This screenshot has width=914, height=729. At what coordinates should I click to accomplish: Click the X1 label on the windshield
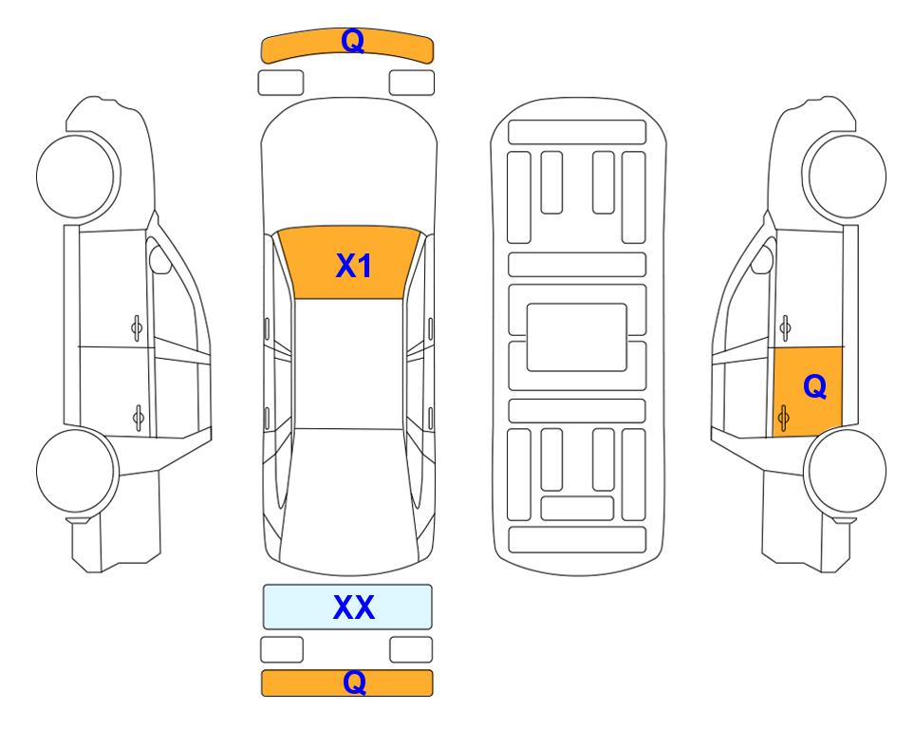point(354,266)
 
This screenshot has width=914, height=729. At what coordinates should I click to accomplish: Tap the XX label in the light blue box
point(354,607)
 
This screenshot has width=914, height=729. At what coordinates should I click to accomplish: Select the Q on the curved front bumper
point(353,41)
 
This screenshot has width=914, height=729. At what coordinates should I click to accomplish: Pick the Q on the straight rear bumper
point(354,682)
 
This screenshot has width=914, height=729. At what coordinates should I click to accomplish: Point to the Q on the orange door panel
point(815,386)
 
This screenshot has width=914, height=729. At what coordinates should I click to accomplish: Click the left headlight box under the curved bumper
point(281,83)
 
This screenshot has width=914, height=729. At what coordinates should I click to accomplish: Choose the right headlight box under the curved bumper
point(412,83)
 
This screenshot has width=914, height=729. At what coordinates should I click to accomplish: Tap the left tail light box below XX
point(282,649)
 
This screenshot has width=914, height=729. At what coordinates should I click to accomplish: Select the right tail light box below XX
point(411,649)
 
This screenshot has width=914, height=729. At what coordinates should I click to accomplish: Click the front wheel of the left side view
point(76,177)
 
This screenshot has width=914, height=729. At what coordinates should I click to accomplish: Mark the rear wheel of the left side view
point(76,471)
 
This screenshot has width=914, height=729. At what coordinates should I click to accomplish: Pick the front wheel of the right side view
point(847,177)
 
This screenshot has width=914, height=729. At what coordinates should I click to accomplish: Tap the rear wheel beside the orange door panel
point(847,471)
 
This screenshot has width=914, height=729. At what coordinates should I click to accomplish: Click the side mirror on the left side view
point(159,260)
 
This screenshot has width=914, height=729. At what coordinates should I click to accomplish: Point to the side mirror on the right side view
point(762,260)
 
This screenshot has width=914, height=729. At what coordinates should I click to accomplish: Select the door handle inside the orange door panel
point(784,418)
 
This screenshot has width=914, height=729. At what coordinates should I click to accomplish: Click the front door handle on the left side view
point(137,328)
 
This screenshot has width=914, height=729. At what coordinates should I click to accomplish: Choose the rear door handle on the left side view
point(139,418)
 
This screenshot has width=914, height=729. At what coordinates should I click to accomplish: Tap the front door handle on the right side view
point(785,328)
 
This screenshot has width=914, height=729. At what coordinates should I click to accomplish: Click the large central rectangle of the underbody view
point(576,337)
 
